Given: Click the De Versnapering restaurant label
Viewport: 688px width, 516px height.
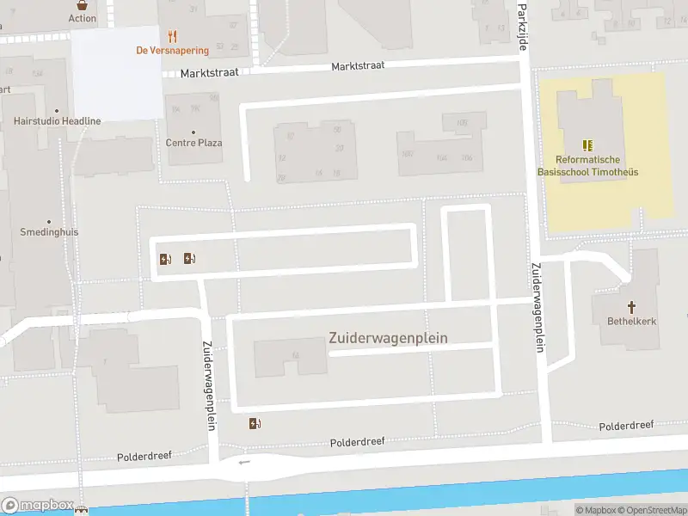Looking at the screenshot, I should pyautogui.click(x=172, y=51).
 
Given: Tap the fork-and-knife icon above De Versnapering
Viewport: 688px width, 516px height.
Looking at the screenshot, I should pyautogui.click(x=173, y=36).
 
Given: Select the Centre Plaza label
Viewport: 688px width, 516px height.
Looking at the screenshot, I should pyautogui.click(x=193, y=143).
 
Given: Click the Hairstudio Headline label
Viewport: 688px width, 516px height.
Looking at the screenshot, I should pyautogui.click(x=57, y=121).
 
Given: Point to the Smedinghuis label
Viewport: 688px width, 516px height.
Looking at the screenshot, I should pyautogui.click(x=48, y=232).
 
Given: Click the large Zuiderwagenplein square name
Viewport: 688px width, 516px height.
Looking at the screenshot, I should pyautogui.click(x=388, y=338).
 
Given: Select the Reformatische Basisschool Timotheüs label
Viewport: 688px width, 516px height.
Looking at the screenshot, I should pyautogui.click(x=587, y=166).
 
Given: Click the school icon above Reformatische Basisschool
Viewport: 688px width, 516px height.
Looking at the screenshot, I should pyautogui.click(x=587, y=145).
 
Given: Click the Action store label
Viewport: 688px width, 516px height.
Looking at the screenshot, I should pyautogui.click(x=83, y=18).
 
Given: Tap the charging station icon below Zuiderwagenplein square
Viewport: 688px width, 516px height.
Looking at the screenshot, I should pyautogui.click(x=255, y=423).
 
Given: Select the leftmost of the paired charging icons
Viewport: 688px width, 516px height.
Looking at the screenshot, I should pyautogui.click(x=165, y=259).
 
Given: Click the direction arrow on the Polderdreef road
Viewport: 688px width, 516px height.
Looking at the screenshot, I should pyautogui.click(x=245, y=462).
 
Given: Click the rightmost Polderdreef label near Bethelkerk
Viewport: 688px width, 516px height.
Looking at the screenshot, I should pyautogui.click(x=626, y=426).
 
